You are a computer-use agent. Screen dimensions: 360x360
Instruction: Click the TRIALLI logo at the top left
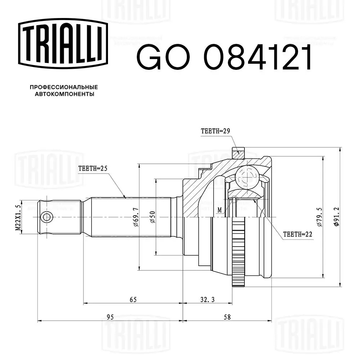click(63, 44)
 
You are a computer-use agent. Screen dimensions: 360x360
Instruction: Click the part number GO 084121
click(224, 57)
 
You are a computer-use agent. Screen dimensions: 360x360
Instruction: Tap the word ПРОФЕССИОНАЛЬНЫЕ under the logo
click(64, 87)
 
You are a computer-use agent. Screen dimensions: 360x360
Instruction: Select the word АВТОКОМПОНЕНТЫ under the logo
click(64, 94)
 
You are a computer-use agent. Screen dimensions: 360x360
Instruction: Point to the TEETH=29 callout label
click(215, 131)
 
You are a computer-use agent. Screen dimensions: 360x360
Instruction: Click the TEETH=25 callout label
click(93, 168)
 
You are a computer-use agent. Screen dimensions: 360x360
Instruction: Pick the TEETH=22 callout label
click(298, 234)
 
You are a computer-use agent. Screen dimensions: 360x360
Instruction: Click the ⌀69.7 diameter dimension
click(136, 217)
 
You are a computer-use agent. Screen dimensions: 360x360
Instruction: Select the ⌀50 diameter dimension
click(153, 217)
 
